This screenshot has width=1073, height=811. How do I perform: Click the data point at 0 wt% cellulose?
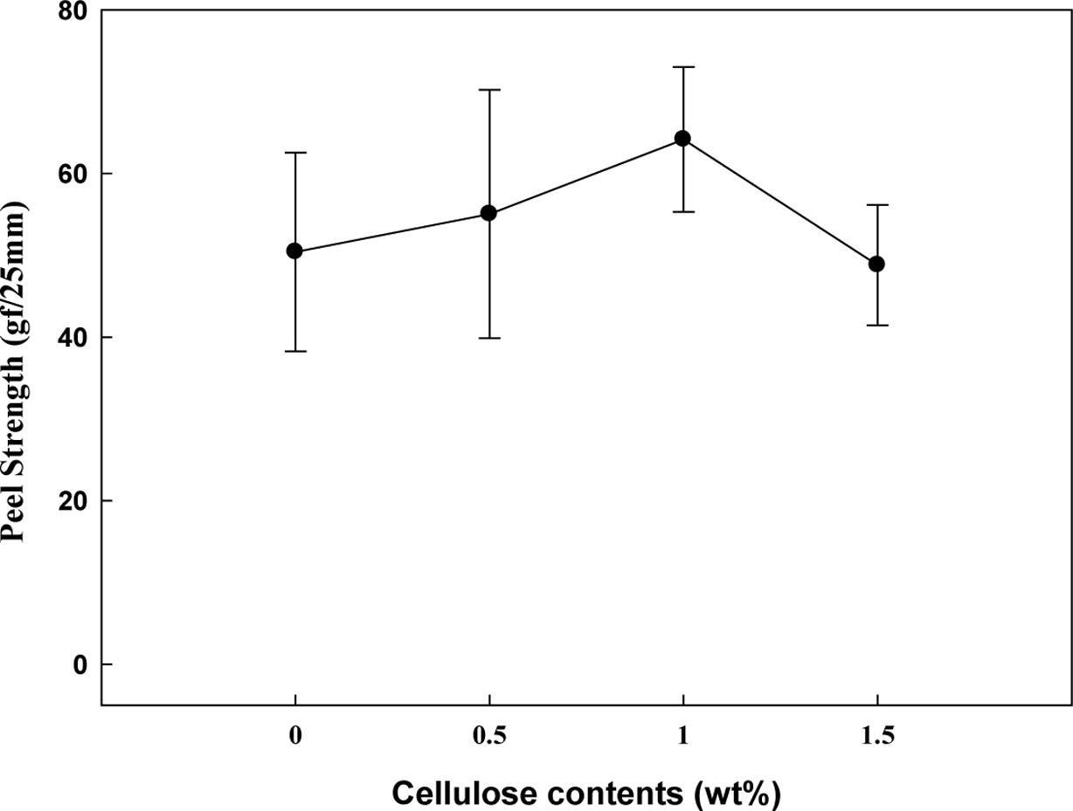(294, 251)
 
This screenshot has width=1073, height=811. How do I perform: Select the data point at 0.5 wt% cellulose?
(489, 213)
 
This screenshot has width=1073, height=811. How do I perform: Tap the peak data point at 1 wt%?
(682, 138)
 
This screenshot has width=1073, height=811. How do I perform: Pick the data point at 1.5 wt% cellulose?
(876, 264)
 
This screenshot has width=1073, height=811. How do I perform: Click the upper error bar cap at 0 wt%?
(294, 153)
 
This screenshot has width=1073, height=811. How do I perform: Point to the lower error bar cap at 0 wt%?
(294, 351)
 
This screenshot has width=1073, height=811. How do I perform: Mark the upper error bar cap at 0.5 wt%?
(489, 89)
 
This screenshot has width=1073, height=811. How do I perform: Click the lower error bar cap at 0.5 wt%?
(489, 338)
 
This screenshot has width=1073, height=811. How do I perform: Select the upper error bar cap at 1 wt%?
(682, 66)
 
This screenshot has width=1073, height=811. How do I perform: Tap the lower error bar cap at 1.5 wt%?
(876, 326)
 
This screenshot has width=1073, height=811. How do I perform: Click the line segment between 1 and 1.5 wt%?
(779, 201)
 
